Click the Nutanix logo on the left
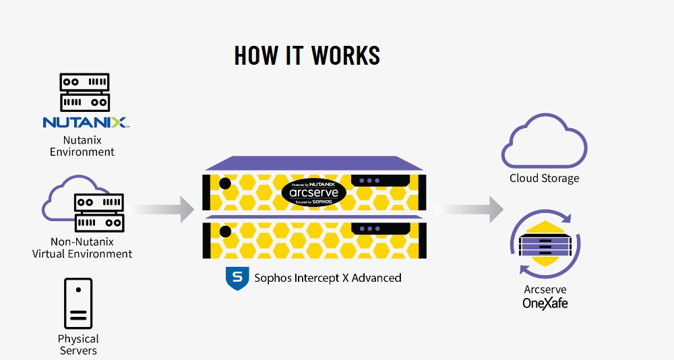86,123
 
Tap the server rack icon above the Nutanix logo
85,92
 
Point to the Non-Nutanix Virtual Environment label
82,247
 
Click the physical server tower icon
78,303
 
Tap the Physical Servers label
78,344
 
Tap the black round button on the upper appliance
225,184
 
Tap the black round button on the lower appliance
225,232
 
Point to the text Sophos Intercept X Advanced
328,278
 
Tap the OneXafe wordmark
545,303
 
